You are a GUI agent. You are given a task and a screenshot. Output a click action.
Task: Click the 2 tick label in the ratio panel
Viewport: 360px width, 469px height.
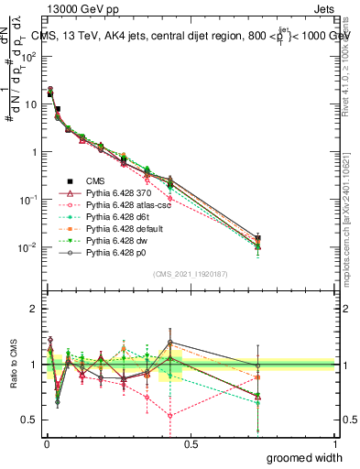pos(35,309)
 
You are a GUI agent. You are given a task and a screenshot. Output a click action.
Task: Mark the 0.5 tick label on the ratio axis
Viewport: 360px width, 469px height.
pos(30,420)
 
